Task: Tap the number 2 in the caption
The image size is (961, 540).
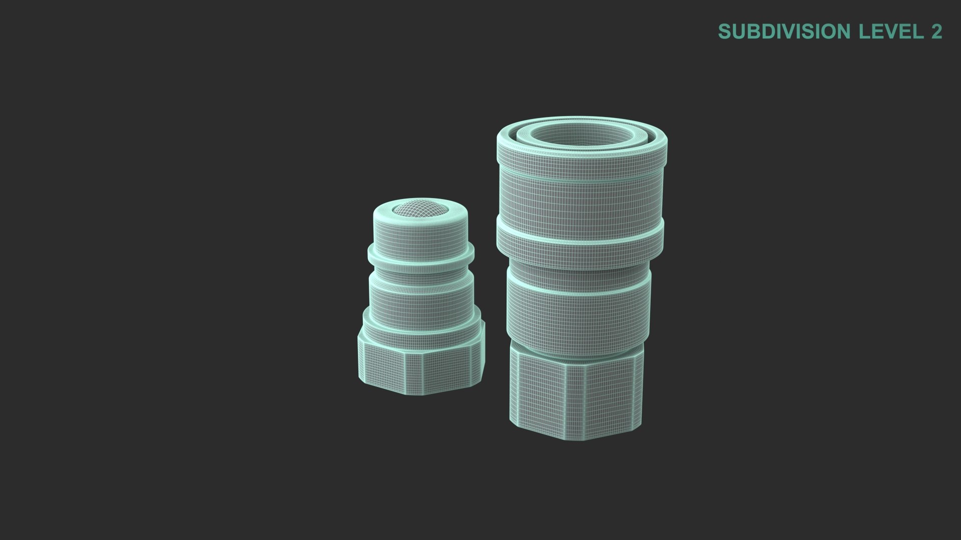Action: (x=936, y=31)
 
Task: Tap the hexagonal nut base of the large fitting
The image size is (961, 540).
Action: (x=577, y=395)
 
